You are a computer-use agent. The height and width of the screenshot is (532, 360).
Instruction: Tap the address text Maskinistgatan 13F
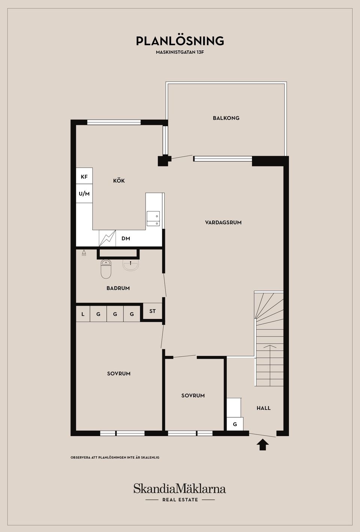180,52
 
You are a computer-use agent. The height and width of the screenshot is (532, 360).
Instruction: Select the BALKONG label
226,118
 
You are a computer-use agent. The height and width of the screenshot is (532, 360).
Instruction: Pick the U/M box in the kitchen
84,193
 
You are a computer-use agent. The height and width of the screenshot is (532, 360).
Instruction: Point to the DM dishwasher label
126,238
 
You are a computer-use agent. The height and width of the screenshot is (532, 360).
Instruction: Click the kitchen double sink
153,218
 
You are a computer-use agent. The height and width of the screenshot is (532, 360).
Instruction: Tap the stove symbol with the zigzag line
107,238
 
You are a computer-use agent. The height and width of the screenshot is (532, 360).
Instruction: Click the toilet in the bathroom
106,269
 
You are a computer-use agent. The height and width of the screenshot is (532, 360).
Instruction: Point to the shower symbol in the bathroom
84,253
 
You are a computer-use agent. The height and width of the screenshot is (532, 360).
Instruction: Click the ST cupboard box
152,311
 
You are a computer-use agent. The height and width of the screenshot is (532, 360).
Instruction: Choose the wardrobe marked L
83,314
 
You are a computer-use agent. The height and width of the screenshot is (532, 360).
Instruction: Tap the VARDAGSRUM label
223,223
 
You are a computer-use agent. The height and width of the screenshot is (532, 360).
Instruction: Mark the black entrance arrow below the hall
262,444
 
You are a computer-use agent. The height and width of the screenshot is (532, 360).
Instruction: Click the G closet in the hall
235,424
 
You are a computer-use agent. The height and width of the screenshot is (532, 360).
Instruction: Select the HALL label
264,408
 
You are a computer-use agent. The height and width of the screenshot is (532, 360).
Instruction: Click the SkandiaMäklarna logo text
180,489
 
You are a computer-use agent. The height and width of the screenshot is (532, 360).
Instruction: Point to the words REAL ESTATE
180,500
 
